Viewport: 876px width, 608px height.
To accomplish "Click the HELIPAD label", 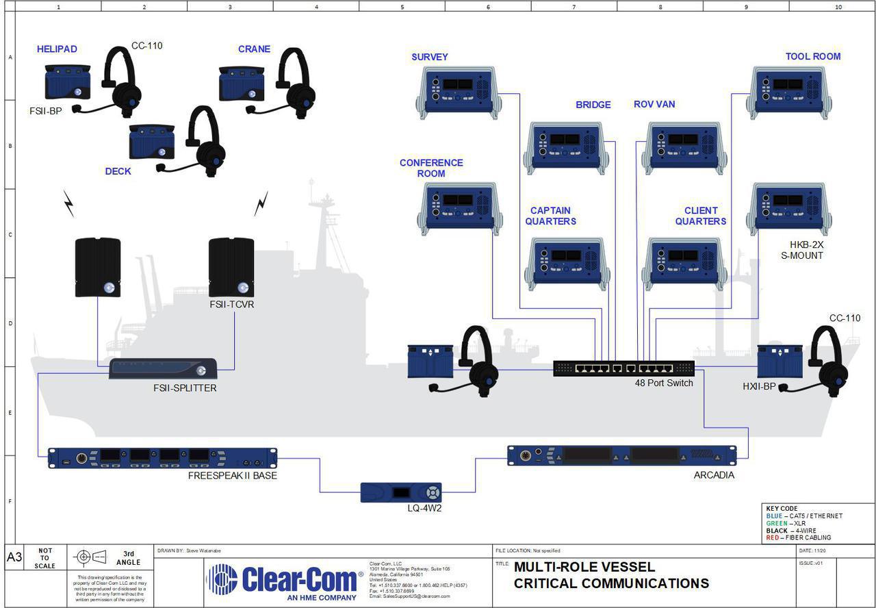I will click(x=57, y=49).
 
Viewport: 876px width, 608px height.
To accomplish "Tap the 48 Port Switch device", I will click(x=623, y=368).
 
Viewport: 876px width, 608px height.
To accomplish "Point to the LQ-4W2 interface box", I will click(x=401, y=492).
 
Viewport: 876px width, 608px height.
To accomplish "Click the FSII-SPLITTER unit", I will click(x=163, y=370).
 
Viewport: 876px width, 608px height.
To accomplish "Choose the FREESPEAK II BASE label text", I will click(x=233, y=475).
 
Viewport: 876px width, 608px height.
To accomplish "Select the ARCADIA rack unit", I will click(x=621, y=455).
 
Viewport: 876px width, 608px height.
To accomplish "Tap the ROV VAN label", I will click(x=654, y=104).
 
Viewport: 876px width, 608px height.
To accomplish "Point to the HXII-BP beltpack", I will click(x=780, y=362).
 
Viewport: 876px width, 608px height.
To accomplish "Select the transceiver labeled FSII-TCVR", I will click(x=231, y=267).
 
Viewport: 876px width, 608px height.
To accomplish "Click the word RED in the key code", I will click(x=772, y=538).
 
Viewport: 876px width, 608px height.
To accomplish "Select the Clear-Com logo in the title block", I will click(x=284, y=580).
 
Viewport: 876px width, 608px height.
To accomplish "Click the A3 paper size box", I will click(x=14, y=557).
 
